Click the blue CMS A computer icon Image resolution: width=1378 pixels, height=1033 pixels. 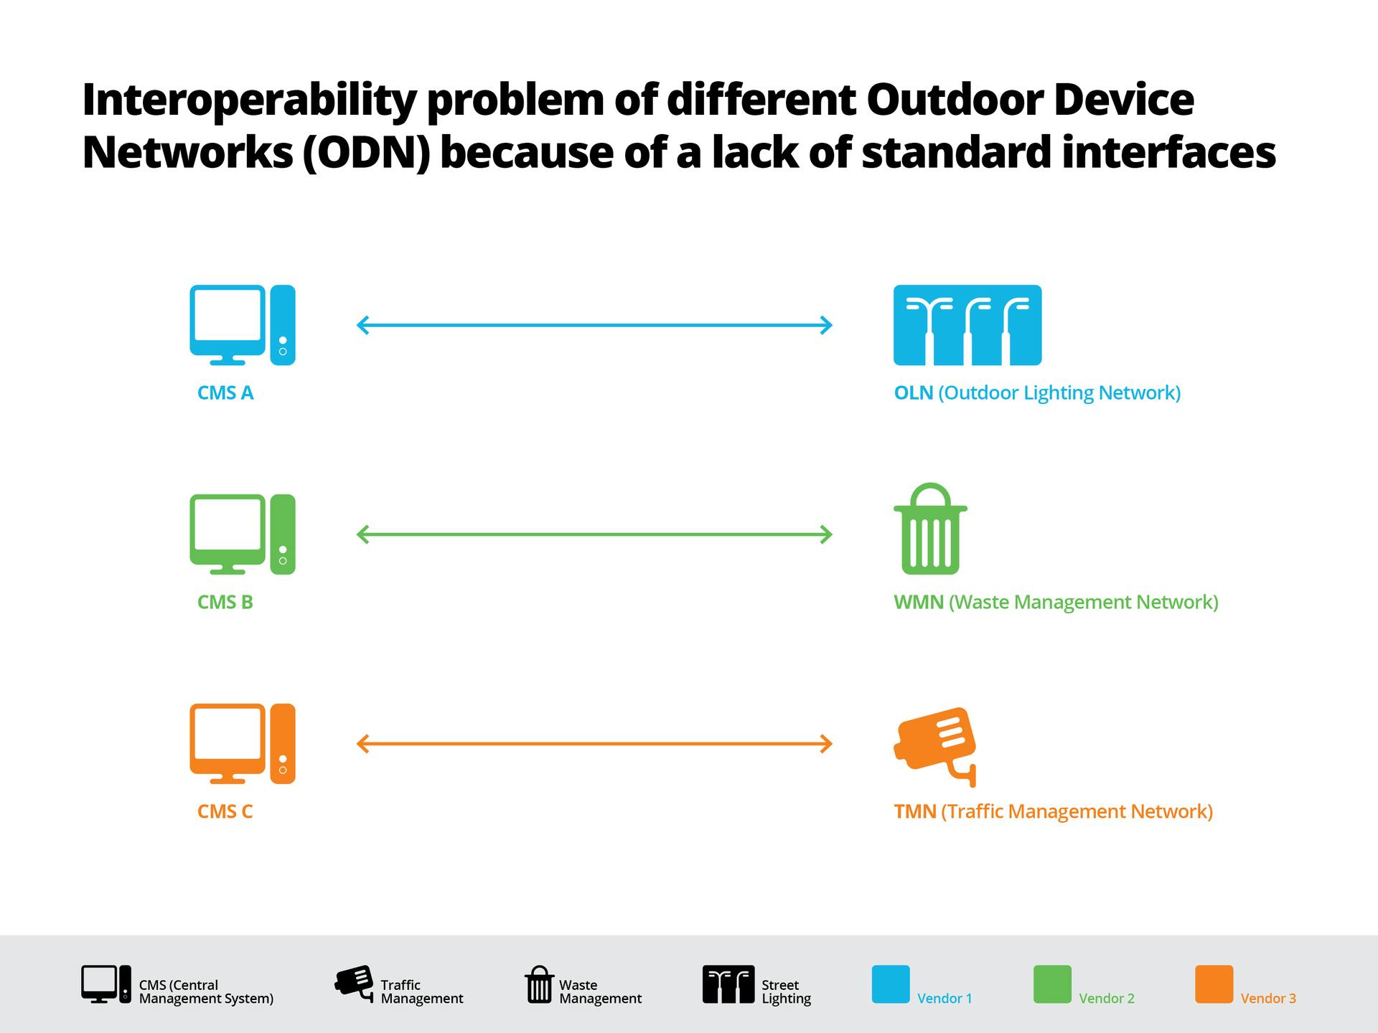242,325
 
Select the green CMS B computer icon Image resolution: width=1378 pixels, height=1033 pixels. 242,534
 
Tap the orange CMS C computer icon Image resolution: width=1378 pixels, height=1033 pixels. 242,744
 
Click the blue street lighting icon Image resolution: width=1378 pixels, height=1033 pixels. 967,325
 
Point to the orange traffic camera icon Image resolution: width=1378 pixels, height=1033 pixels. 935,746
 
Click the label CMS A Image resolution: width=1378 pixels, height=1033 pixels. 225,393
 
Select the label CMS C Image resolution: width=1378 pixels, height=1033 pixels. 225,812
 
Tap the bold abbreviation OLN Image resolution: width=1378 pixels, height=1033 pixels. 913,393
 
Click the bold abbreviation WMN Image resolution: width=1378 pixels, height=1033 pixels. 918,603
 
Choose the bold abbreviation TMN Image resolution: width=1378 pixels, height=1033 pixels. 914,812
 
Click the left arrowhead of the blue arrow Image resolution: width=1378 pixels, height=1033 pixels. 362,325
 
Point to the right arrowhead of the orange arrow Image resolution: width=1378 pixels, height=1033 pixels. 827,744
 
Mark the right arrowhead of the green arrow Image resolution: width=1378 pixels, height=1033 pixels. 827,534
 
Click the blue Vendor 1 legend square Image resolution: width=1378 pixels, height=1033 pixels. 890,984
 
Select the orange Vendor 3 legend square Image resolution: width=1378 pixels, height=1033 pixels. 1214,984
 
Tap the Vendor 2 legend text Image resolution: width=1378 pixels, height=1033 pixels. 1106,999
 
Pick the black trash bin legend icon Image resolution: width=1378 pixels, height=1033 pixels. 539,984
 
